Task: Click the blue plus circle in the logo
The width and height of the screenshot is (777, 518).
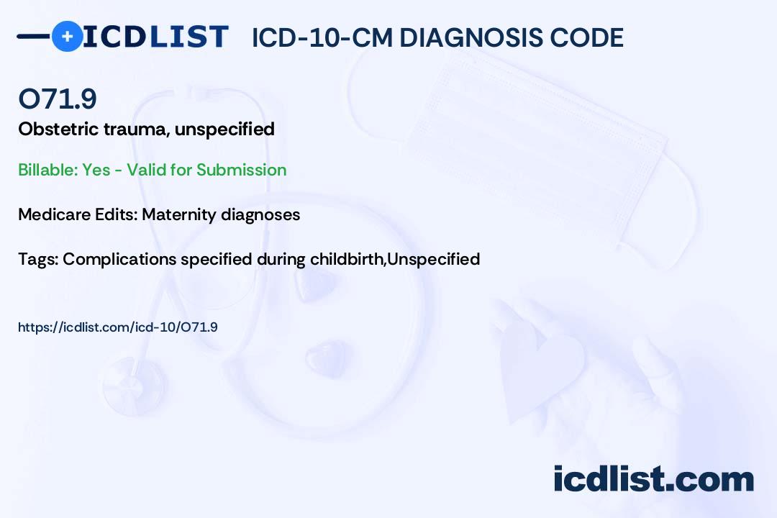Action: (x=67, y=36)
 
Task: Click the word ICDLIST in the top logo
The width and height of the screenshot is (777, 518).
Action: (x=155, y=37)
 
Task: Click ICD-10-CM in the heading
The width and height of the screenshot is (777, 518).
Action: (x=322, y=37)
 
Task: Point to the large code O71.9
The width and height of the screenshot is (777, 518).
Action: (x=58, y=99)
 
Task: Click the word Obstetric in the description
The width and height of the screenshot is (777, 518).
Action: (x=58, y=129)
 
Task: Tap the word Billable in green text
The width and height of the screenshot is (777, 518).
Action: (x=48, y=170)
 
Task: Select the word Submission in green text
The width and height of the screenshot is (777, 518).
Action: (x=241, y=170)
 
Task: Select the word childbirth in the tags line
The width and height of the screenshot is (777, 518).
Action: (x=347, y=259)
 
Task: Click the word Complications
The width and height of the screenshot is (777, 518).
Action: (x=119, y=260)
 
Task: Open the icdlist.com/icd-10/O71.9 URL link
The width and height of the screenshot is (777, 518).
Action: (x=118, y=327)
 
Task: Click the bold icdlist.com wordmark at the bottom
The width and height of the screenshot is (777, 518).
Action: (x=653, y=479)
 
